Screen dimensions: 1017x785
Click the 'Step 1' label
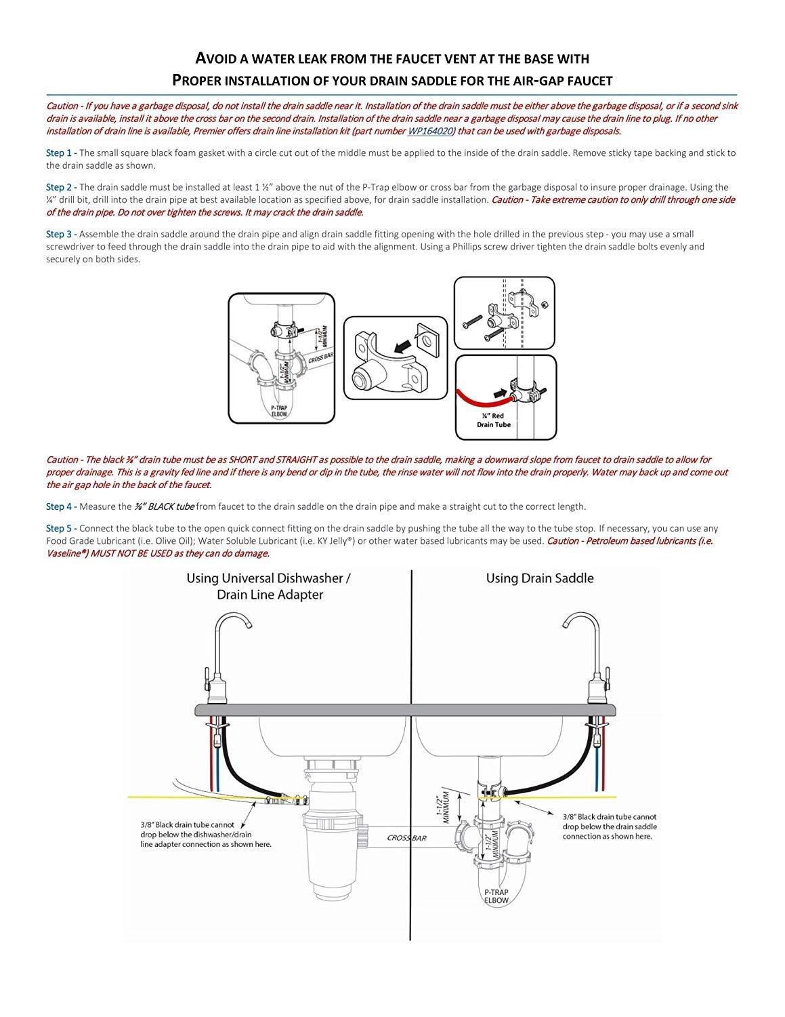tap(58, 153)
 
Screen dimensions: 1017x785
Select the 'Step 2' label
tap(58, 187)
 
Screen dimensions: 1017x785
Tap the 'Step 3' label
tap(58, 235)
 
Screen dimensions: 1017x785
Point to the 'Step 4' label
tap(58, 506)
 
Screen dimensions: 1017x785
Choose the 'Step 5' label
tap(58, 528)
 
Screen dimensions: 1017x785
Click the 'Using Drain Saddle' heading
tap(539, 578)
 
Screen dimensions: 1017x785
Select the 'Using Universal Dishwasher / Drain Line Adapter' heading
tap(269, 586)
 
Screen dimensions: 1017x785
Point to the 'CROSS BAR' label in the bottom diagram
tap(406, 838)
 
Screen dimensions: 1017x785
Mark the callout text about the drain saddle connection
tap(609, 826)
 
